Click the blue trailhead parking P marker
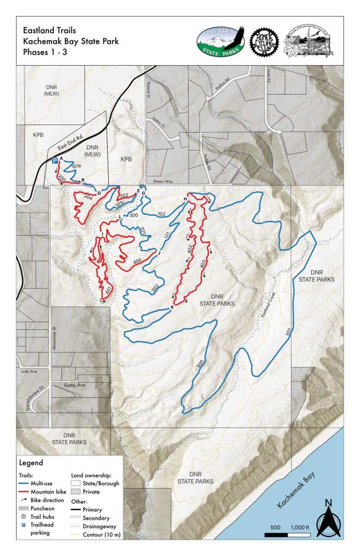54,160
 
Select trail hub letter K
172,308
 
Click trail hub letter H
185,199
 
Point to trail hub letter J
159,253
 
